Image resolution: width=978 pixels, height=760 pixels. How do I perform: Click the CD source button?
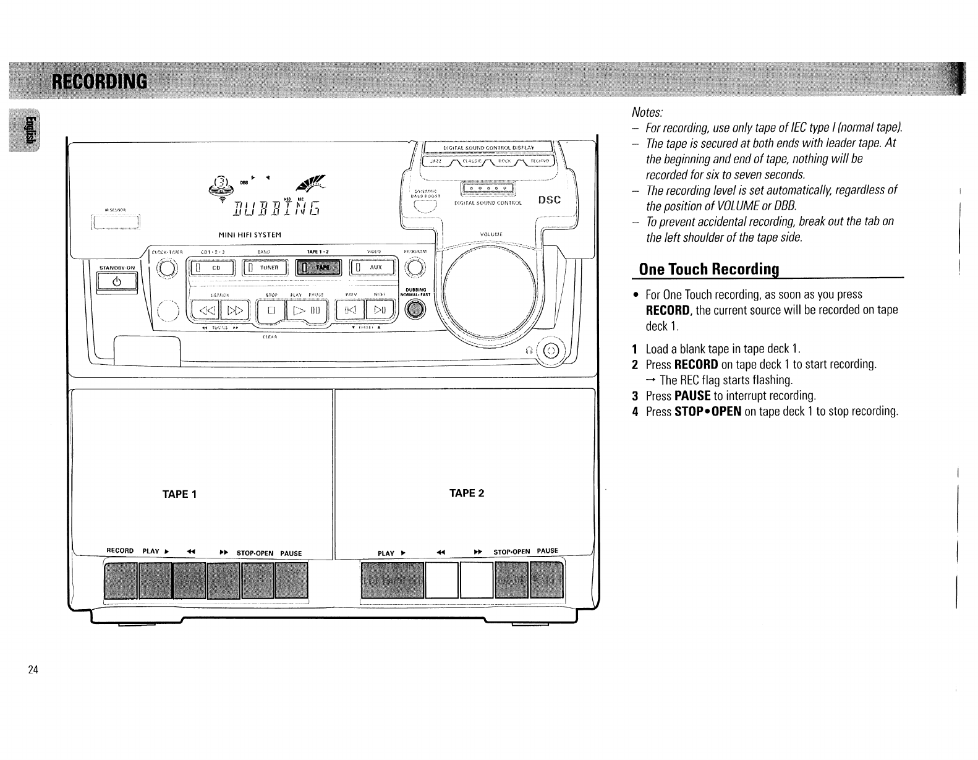[213, 267]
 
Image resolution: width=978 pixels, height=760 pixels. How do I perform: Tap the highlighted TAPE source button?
[318, 267]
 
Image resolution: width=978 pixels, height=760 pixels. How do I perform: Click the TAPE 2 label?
[467, 493]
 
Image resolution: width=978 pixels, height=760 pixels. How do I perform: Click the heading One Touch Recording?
[708, 269]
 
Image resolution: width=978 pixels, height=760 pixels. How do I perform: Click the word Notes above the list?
[647, 113]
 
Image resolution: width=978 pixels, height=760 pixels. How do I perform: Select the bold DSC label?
[549, 200]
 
